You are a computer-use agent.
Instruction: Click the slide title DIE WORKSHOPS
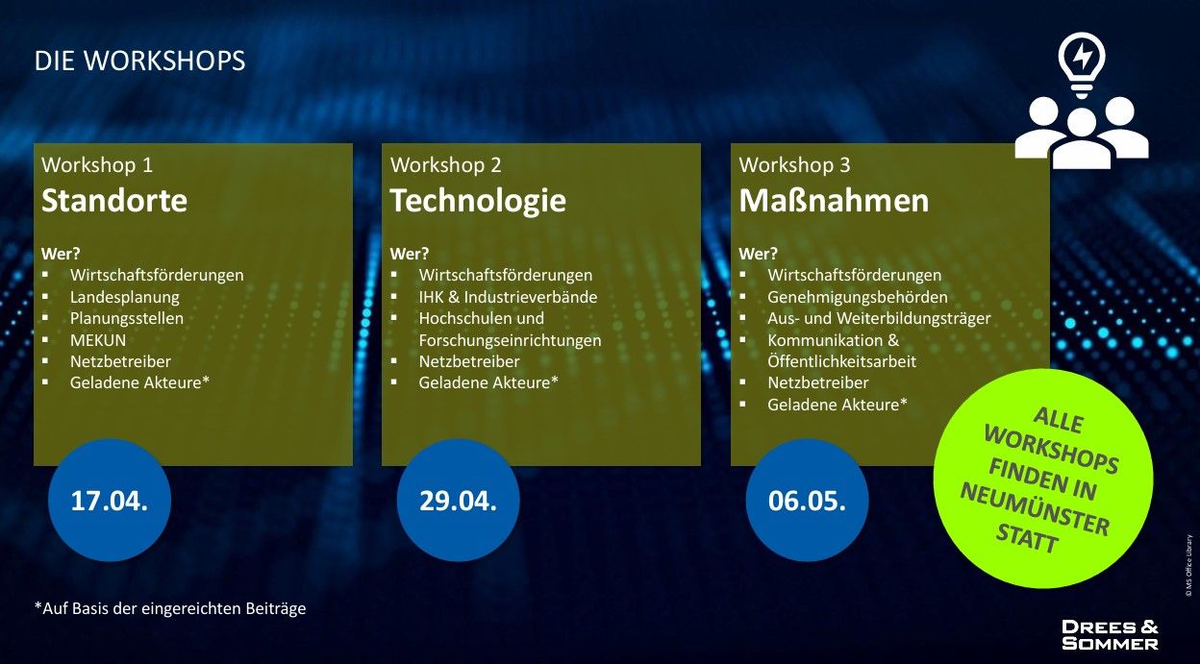[139, 61]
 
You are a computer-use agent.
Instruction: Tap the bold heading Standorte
[114, 201]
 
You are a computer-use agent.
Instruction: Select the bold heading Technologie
[478, 201]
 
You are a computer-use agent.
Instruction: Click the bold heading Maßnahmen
[834, 201]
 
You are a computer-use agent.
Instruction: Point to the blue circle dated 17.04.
[110, 500]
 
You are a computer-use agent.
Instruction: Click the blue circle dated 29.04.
[458, 500]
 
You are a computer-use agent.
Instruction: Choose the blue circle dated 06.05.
[807, 500]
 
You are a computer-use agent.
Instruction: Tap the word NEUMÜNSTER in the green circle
[1034, 508]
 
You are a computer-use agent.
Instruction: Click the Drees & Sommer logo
[1110, 635]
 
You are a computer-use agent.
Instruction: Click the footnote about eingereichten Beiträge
[170, 609]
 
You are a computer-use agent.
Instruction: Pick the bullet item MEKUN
[98, 340]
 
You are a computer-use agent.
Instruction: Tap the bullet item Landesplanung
[125, 297]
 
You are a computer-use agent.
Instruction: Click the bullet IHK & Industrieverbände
[508, 297]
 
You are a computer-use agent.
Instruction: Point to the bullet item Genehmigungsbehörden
[858, 297]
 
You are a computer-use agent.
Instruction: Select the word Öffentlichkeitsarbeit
[841, 361]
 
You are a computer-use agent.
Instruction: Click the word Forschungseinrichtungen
[510, 340]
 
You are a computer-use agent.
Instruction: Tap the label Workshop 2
[446, 165]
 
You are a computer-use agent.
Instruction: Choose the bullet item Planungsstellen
[127, 319]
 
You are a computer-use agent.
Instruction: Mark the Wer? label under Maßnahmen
[758, 254]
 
